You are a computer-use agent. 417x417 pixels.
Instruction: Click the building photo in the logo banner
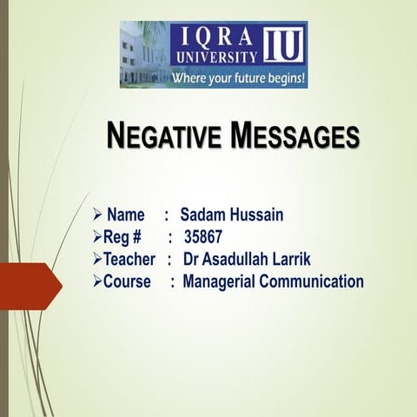point(142,54)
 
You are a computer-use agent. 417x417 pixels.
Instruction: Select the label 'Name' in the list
point(126,215)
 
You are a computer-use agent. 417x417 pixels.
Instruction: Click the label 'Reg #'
point(122,237)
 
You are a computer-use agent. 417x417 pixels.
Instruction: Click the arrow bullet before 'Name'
point(98,215)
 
